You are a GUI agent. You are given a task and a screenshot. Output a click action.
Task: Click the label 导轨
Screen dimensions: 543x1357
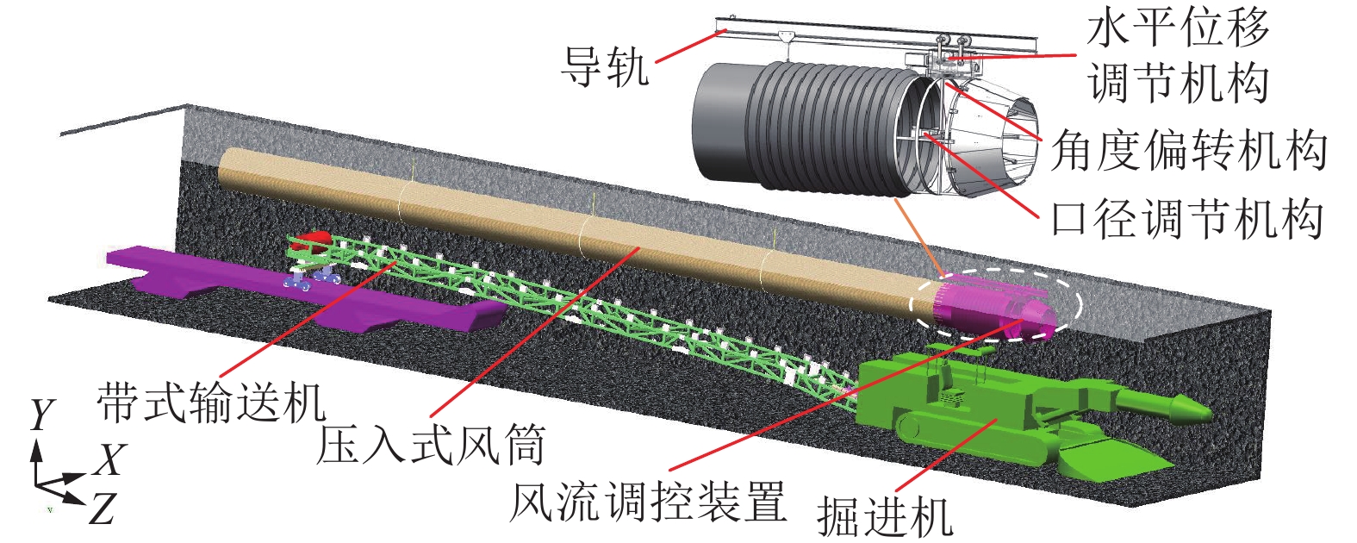[x=605, y=66]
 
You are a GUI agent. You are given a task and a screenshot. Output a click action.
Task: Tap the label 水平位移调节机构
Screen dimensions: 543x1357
[x=1178, y=57]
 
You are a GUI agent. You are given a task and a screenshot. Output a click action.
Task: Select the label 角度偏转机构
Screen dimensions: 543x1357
[x=1188, y=152]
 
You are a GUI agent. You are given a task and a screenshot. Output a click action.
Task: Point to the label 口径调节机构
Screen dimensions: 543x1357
[x=1187, y=219]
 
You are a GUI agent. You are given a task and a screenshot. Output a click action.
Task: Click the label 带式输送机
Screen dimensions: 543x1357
[x=211, y=403]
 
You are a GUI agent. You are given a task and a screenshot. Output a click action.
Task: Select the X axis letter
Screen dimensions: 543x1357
[x=110, y=460]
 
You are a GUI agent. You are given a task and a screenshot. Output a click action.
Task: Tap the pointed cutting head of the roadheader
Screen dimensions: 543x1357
[x=1185, y=406]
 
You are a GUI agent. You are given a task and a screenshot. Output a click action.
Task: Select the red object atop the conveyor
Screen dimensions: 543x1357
[x=312, y=240]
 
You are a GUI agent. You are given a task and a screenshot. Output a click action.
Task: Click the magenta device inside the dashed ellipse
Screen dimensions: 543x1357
[x=991, y=306]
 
